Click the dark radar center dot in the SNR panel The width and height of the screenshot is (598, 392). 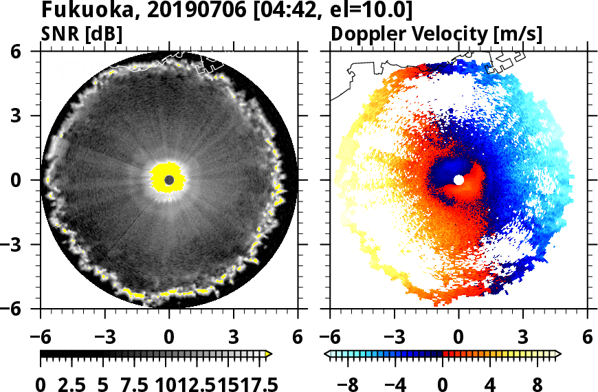[169, 179]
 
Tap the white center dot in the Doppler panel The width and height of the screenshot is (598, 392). [458, 179]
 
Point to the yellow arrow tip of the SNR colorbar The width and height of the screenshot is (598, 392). [269, 354]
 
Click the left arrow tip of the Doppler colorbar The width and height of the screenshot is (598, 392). [327, 354]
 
